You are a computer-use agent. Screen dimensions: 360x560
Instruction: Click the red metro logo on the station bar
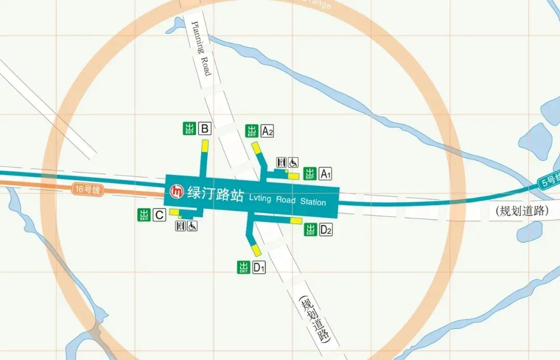[177, 191]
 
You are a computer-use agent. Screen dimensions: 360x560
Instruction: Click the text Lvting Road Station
[287, 200]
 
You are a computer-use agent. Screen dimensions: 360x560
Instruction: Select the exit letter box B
[205, 129]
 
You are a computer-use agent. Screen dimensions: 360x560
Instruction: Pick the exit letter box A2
[267, 131]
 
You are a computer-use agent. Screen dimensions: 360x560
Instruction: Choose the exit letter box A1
[326, 174]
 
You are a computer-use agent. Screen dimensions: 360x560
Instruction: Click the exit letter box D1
[259, 268]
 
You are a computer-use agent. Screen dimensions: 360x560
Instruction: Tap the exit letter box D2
[326, 229]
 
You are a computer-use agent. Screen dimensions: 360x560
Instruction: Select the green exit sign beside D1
[244, 267]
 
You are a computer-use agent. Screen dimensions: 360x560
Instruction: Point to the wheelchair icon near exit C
[192, 226]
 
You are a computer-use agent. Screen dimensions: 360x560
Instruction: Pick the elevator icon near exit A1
[282, 162]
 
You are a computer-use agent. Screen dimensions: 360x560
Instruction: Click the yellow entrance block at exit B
[205, 145]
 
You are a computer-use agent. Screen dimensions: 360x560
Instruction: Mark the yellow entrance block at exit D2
[296, 221]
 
